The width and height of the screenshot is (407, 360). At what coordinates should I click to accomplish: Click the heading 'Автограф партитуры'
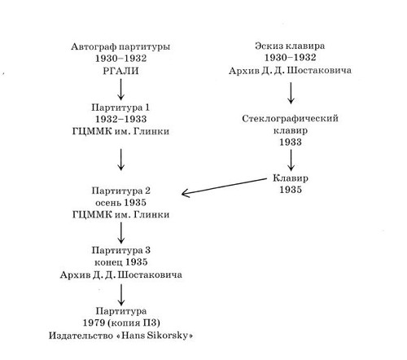click(120, 46)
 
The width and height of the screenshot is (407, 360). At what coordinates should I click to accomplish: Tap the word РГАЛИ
click(120, 71)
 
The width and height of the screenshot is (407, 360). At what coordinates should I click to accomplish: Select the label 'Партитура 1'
click(120, 108)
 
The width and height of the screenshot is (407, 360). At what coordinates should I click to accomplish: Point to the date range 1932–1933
click(120, 119)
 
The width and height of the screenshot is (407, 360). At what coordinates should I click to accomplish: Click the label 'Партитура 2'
click(120, 191)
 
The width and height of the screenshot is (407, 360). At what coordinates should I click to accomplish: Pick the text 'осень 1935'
click(120, 203)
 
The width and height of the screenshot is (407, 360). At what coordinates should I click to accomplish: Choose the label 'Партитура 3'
click(120, 250)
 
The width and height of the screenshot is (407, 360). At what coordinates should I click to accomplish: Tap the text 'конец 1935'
click(120, 262)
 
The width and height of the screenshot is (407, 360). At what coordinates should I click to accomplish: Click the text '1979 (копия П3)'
click(121, 323)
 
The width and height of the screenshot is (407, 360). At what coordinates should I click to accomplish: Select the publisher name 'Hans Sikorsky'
click(155, 336)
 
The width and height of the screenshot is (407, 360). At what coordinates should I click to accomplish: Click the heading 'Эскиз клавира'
click(290, 46)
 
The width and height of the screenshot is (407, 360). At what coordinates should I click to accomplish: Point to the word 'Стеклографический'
click(290, 119)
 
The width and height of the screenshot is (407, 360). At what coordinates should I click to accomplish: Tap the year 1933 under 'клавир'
click(291, 142)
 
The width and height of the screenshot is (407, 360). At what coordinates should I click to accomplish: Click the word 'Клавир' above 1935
click(291, 178)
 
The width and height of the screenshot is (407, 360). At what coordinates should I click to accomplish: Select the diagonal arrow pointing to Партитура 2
click(224, 187)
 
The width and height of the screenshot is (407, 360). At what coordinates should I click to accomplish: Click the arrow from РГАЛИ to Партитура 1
click(120, 90)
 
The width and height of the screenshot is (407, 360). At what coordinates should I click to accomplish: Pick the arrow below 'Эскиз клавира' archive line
click(291, 93)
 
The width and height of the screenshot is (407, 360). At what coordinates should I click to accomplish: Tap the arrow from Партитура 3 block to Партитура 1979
click(121, 295)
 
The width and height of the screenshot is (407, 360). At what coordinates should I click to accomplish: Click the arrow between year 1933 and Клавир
click(291, 160)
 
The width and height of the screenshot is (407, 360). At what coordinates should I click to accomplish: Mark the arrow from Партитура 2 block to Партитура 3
click(121, 233)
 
